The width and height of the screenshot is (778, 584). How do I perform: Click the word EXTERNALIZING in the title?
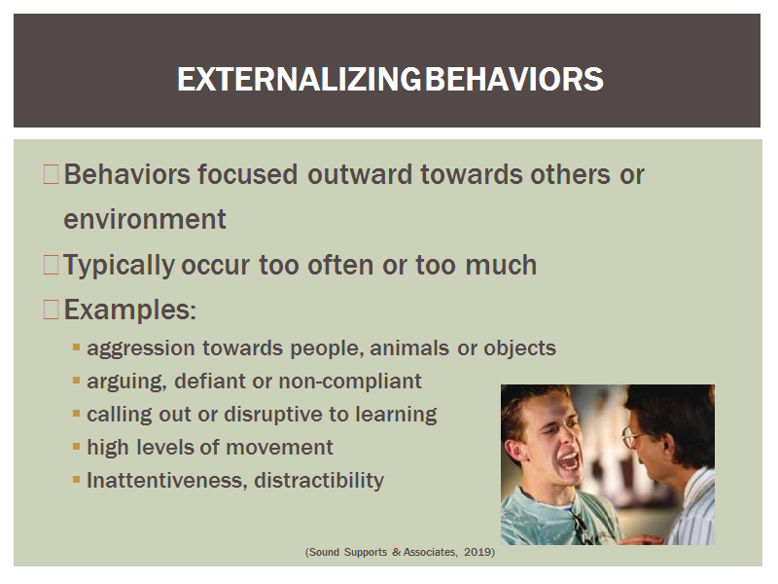pyautogui.click(x=300, y=80)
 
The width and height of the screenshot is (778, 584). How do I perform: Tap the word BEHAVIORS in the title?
pyautogui.click(x=514, y=80)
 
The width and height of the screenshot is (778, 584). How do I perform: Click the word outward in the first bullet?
pyautogui.click(x=360, y=175)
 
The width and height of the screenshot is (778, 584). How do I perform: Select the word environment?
pyautogui.click(x=145, y=220)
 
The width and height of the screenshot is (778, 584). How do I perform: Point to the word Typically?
pyautogui.click(x=119, y=266)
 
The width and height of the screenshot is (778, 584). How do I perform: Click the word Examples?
pyautogui.click(x=130, y=310)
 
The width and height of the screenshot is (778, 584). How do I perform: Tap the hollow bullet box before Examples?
pyautogui.click(x=52, y=310)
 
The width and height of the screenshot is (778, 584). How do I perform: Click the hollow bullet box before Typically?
pyautogui.click(x=52, y=265)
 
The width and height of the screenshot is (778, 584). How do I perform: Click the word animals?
pyautogui.click(x=409, y=347)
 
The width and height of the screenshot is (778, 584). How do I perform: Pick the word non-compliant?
pyautogui.click(x=350, y=382)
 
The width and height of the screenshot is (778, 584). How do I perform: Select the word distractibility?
pyautogui.click(x=319, y=480)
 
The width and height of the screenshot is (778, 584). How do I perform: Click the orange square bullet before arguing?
pyautogui.click(x=76, y=381)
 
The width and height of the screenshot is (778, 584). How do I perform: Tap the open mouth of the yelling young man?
pyautogui.click(x=569, y=461)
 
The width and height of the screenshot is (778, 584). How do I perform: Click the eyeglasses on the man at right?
pyautogui.click(x=631, y=437)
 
